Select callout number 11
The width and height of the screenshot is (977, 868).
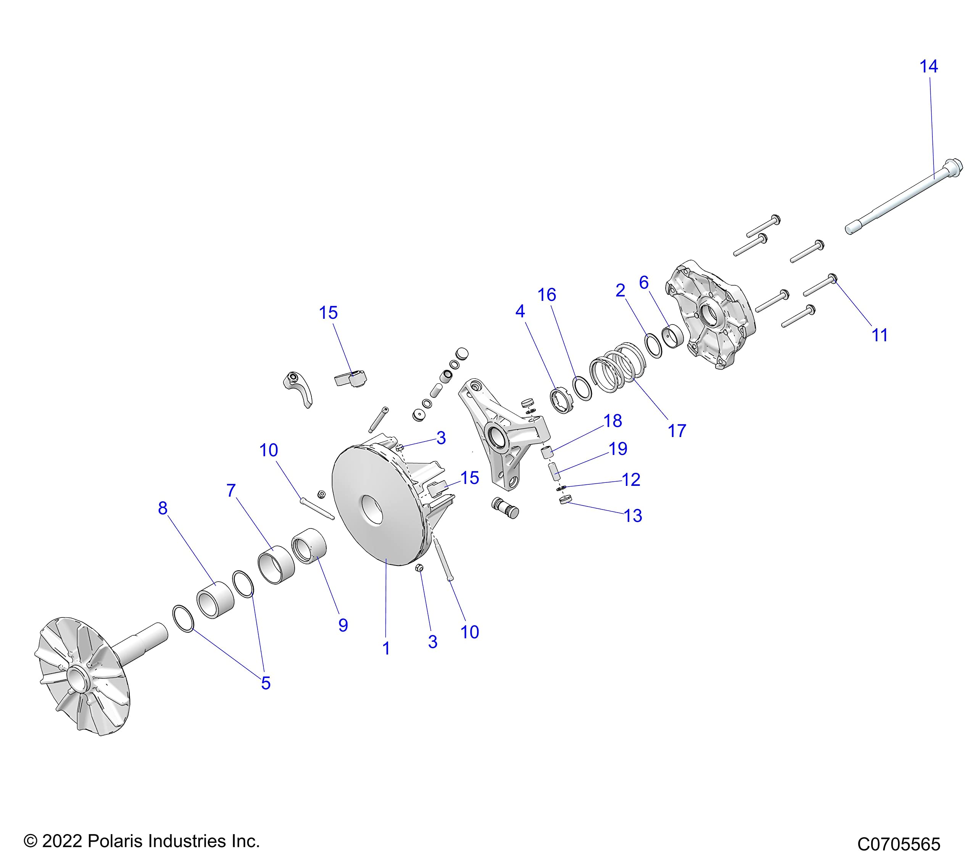click(x=880, y=335)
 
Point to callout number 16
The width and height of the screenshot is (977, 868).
click(x=547, y=295)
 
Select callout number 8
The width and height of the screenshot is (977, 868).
click(x=163, y=508)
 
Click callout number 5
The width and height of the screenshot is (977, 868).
click(x=266, y=683)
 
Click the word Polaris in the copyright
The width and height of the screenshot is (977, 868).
click(x=117, y=841)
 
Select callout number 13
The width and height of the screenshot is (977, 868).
click(x=633, y=516)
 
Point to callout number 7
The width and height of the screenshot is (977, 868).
click(x=231, y=490)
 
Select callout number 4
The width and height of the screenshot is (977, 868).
click(x=519, y=312)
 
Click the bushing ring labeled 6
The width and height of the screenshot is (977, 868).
click(x=672, y=336)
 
